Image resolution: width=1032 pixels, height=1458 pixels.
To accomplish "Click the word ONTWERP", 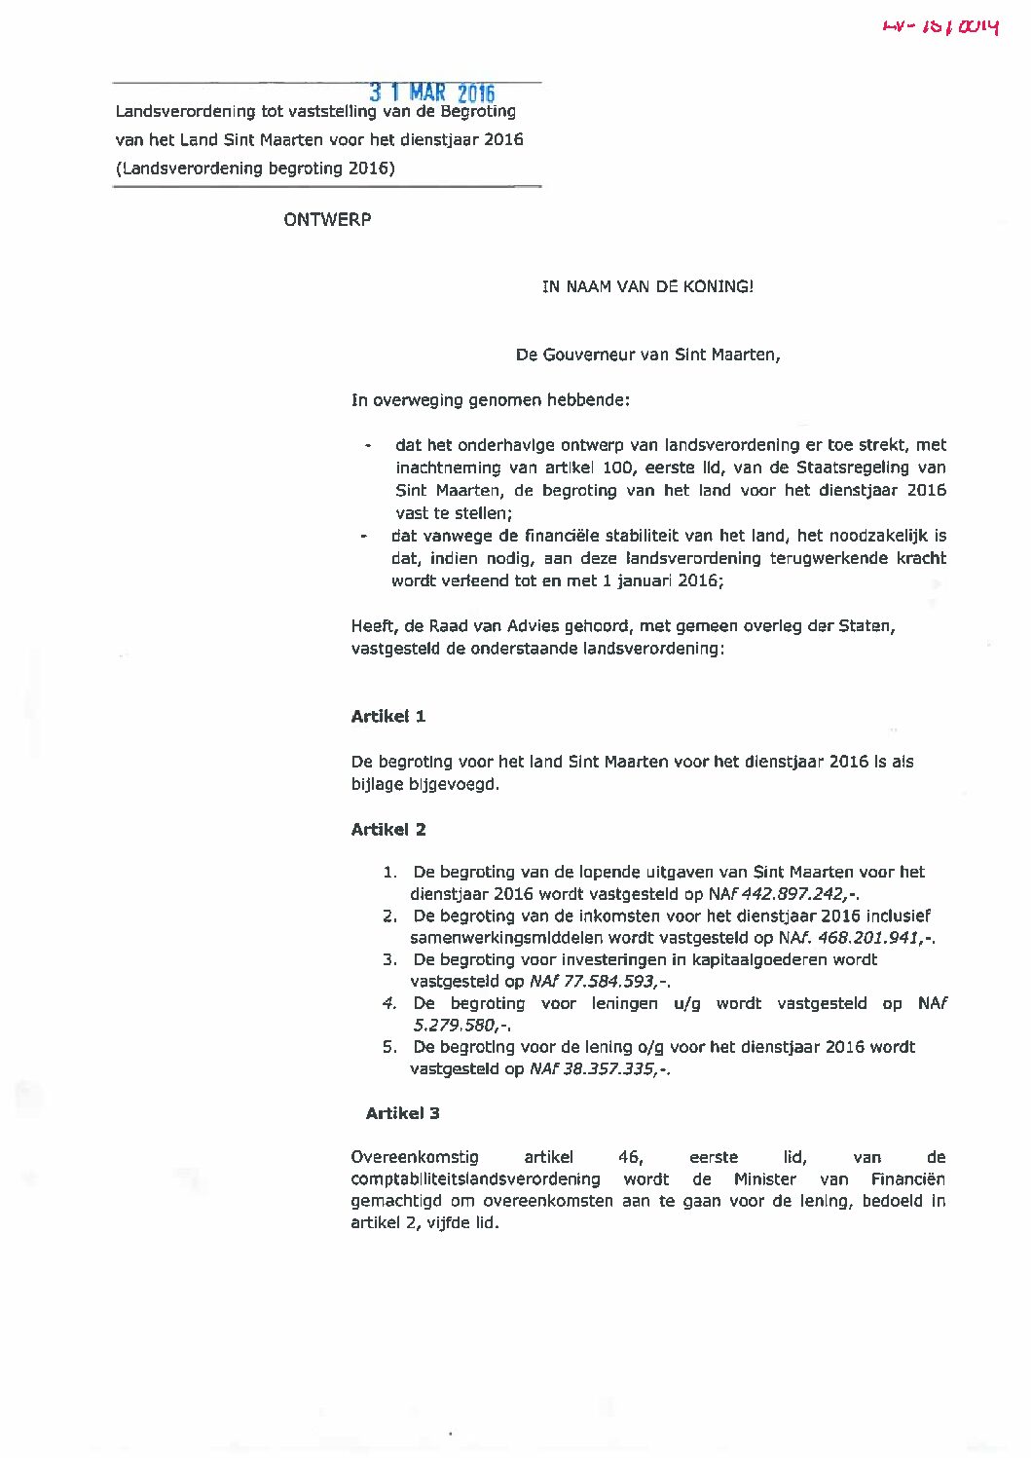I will click(327, 219).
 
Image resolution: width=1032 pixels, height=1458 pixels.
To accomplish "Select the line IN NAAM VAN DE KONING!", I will click(647, 286).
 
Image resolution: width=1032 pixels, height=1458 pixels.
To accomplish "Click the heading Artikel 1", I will click(388, 717).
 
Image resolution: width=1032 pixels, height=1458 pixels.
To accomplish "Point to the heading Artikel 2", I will click(388, 830).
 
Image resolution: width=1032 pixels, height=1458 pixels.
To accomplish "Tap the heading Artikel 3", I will click(403, 1113).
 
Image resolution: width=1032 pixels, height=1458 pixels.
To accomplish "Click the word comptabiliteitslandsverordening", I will click(475, 1179).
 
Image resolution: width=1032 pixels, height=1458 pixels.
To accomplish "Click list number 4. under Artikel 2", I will click(390, 1003).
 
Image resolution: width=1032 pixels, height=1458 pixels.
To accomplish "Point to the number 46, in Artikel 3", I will click(631, 1157).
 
